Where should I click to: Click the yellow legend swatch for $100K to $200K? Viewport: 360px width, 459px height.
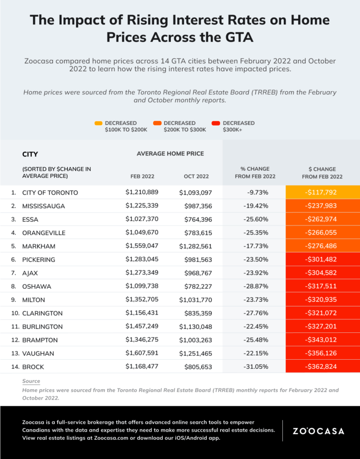click(98, 123)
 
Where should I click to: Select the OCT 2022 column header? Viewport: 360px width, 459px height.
click(196, 177)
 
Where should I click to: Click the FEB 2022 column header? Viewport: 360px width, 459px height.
click(143, 177)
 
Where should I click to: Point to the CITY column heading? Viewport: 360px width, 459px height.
click(30, 154)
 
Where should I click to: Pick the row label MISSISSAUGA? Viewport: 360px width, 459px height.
click(44, 206)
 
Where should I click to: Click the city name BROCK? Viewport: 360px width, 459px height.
click(33, 367)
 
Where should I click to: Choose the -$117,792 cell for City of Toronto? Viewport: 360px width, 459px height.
click(323, 192)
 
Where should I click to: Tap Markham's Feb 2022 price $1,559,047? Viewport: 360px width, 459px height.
click(142, 246)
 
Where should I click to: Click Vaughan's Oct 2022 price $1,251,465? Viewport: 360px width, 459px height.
click(195, 353)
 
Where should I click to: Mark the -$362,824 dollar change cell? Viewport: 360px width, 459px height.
click(323, 367)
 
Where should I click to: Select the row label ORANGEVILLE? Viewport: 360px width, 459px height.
click(44, 233)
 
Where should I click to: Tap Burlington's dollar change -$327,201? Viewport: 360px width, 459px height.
click(323, 327)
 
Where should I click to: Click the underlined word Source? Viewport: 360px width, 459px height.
click(31, 381)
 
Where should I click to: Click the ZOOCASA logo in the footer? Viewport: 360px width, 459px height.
click(318, 431)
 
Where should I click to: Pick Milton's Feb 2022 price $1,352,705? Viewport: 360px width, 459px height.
click(142, 300)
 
